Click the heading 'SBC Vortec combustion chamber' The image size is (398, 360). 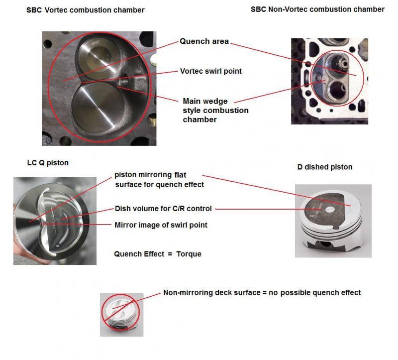[85, 10]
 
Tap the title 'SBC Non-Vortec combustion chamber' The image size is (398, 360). [317, 9]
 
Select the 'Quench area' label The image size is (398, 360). [204, 41]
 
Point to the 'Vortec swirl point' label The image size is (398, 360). [210, 71]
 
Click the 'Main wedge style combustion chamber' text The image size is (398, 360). [215, 110]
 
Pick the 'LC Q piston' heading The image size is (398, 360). [48, 163]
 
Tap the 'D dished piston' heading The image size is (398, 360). [325, 167]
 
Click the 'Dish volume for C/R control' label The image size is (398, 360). [163, 209]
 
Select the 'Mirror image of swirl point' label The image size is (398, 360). [161, 225]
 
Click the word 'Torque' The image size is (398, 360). [189, 254]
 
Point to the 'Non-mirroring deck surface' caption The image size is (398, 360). [212, 293]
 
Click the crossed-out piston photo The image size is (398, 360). [121, 315]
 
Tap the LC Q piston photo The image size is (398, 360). [55, 221]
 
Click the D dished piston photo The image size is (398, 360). [333, 221]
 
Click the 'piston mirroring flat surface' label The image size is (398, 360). [159, 180]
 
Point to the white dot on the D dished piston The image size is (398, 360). [330, 209]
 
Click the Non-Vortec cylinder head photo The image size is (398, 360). [329, 81]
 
